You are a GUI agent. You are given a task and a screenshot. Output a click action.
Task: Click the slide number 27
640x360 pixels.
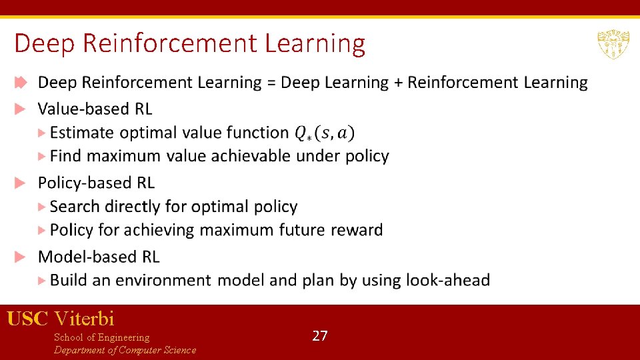point(320,335)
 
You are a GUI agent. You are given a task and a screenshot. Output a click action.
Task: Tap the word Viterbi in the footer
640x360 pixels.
point(85,318)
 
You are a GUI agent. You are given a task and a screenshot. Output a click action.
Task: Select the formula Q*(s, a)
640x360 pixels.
point(325,133)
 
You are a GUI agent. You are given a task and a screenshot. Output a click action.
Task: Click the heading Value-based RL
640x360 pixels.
point(95,109)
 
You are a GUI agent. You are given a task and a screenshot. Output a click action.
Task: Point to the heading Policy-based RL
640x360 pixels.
point(96,183)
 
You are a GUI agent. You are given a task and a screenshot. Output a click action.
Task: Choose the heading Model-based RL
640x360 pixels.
point(99,257)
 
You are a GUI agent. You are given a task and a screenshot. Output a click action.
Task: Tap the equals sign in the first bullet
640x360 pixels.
point(271,83)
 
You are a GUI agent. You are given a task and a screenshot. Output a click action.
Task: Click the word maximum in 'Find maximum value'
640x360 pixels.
point(124,156)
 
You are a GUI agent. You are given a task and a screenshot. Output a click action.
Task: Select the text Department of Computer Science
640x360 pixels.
point(125,350)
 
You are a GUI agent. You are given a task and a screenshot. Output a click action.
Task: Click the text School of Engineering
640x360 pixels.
point(101,337)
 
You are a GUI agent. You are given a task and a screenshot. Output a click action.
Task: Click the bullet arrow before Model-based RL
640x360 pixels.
point(21,257)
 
